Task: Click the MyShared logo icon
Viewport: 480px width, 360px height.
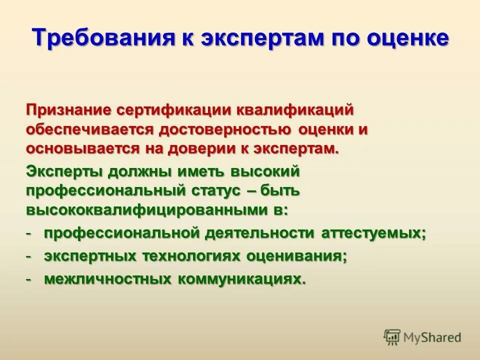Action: click(x=392, y=336)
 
